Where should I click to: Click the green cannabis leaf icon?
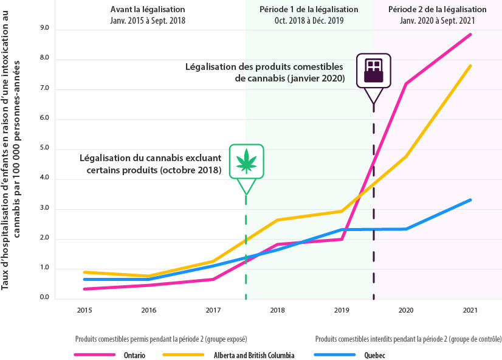246,161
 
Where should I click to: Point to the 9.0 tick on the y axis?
44,29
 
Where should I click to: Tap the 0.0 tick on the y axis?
44,298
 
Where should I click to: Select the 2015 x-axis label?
84,311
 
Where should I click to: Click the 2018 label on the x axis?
277,311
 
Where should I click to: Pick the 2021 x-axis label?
470,311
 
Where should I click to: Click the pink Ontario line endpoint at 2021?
470,35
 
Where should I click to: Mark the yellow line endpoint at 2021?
470,66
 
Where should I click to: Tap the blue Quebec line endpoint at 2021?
470,200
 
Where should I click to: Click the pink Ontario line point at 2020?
405,83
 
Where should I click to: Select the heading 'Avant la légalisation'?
148,10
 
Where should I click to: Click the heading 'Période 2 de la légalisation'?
438,10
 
